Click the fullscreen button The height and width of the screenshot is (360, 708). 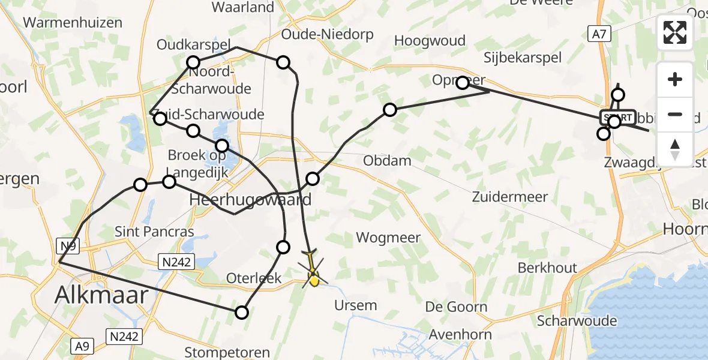pyautogui.click(x=675, y=32)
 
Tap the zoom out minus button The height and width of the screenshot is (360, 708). pyautogui.click(x=675, y=114)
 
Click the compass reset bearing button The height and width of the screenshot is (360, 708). pyautogui.click(x=675, y=148)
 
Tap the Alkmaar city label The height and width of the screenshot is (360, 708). pyautogui.click(x=102, y=295)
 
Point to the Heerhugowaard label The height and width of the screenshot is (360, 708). pyautogui.click(x=250, y=200)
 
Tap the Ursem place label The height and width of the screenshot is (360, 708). pyautogui.click(x=356, y=305)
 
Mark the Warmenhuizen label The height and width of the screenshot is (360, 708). pyautogui.click(x=73, y=23)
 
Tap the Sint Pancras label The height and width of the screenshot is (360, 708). pyautogui.click(x=155, y=232)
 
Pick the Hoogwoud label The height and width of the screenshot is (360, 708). pyautogui.click(x=430, y=41)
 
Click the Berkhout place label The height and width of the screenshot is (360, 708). pyautogui.click(x=547, y=268)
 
